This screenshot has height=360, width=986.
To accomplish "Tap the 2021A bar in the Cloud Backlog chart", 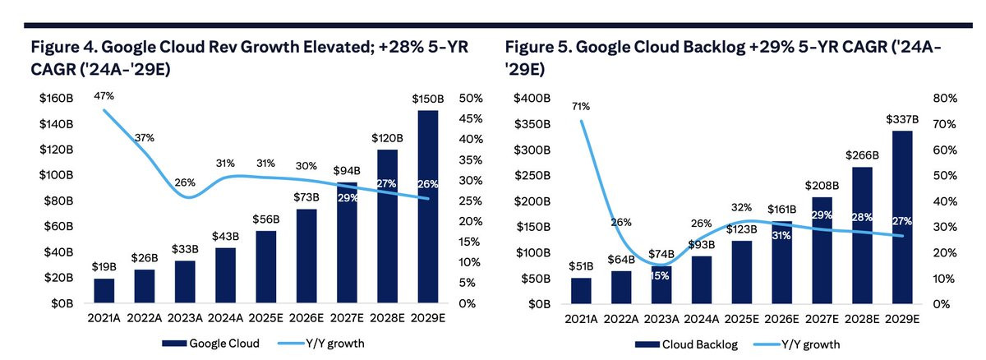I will click(x=581, y=290).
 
